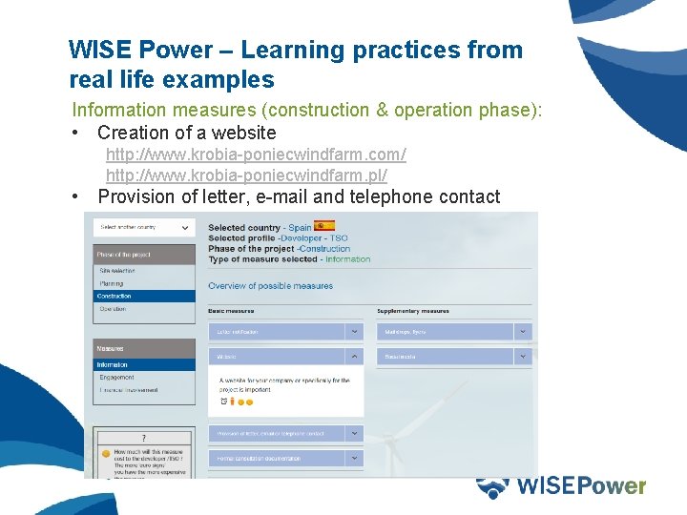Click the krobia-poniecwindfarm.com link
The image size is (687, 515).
[x=256, y=154]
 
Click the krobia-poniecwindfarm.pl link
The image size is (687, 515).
[x=246, y=175]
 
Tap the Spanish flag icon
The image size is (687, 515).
[x=324, y=227]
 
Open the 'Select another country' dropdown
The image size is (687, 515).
[x=144, y=227]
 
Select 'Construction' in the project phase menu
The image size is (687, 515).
[x=114, y=296]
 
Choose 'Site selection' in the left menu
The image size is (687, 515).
[x=117, y=271]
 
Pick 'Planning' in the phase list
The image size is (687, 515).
[x=111, y=283]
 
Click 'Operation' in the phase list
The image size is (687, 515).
[x=113, y=309]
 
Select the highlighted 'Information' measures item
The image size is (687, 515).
[x=112, y=364]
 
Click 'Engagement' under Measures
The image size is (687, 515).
[x=116, y=378]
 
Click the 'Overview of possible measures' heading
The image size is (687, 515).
[x=270, y=286]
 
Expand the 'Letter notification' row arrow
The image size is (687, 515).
[x=354, y=332]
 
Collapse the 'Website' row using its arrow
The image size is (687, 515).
[x=354, y=357]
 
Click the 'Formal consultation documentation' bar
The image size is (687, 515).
[x=277, y=458]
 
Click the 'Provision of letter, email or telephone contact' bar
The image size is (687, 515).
[x=277, y=433]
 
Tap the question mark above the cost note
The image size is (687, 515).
[x=143, y=438]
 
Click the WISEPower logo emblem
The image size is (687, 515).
[x=492, y=486]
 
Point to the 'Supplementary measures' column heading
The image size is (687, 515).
[x=413, y=311]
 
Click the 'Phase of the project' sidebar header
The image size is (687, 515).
[x=124, y=255]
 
